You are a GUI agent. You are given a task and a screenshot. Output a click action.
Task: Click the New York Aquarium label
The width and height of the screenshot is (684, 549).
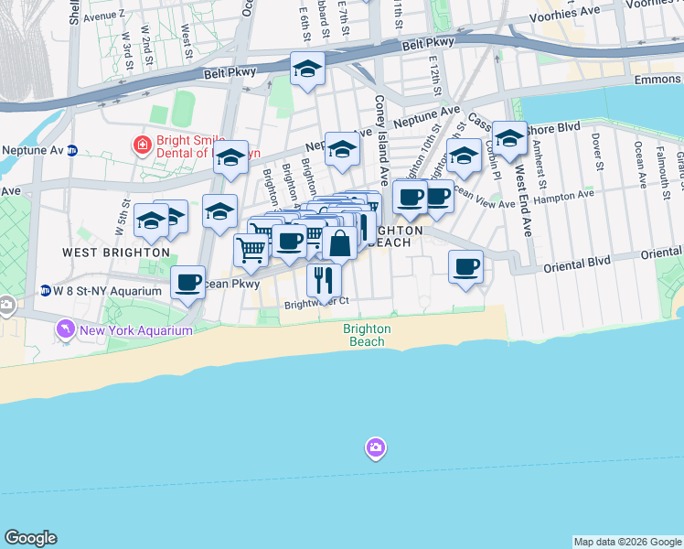click(x=137, y=329)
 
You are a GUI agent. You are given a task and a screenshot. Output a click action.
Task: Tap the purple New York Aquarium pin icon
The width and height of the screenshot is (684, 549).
click(x=66, y=328)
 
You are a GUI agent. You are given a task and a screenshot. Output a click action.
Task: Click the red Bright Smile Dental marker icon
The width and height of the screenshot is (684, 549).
click(x=142, y=144)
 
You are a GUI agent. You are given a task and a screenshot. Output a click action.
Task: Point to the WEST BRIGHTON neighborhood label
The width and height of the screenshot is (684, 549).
click(x=116, y=252)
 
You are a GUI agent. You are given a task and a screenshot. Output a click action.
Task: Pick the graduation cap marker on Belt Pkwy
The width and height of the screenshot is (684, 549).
click(x=308, y=69)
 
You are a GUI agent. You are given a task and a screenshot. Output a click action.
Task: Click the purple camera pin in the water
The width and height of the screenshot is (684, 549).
click(x=375, y=447)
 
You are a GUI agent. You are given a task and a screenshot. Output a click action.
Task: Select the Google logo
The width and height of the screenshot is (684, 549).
click(x=30, y=538)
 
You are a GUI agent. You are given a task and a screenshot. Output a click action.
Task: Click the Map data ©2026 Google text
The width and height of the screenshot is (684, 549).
click(x=627, y=542)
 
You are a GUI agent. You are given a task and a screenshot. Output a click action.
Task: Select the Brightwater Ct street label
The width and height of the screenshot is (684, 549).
click(x=316, y=302)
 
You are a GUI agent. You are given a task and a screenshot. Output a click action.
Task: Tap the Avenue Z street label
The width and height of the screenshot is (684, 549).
click(x=103, y=16)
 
